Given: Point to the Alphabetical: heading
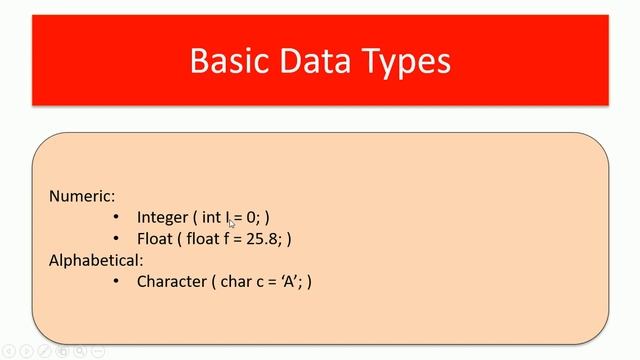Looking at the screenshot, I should [x=96, y=260].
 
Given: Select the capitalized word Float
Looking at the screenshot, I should [x=155, y=239].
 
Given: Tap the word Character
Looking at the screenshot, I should [x=171, y=282].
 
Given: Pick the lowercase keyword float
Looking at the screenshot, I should [x=207, y=239].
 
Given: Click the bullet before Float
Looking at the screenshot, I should [x=116, y=239].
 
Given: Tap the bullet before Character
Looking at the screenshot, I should [x=116, y=282].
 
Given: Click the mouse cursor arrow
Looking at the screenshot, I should [x=232, y=224].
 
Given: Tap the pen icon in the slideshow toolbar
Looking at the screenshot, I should [x=44, y=351].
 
